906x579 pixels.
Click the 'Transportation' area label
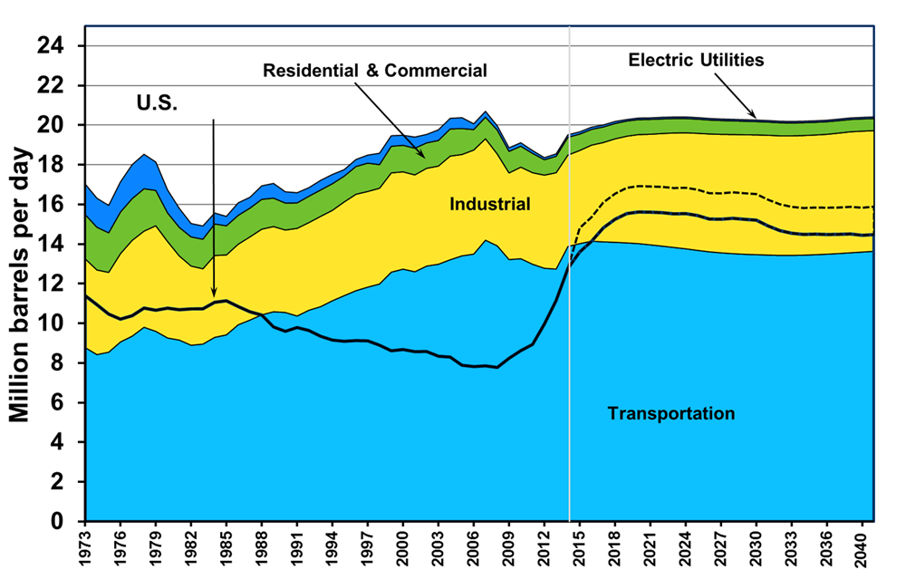click(670, 414)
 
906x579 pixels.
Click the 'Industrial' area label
click(489, 205)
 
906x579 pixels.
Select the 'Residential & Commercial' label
click(374, 71)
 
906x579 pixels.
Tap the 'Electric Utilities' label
click(697, 61)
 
